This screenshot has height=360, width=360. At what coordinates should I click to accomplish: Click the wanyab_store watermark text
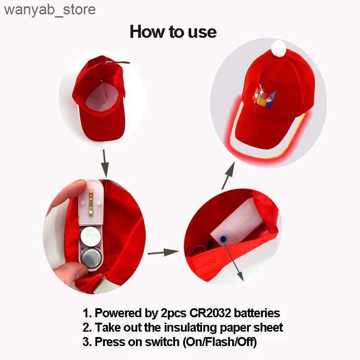tap(50, 10)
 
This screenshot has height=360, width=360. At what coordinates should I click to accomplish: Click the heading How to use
tap(173, 31)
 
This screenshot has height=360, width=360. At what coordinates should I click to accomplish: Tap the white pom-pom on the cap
tap(279, 48)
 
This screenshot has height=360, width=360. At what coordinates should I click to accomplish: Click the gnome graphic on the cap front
tap(265, 96)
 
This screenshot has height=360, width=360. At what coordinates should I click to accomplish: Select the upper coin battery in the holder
tap(90, 236)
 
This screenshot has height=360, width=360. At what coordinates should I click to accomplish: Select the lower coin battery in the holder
tap(91, 259)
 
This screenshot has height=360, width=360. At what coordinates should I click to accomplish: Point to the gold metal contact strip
tap(91, 203)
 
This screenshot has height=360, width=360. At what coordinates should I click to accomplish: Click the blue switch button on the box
tap(223, 239)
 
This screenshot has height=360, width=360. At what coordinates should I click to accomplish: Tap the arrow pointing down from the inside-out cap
tap(105, 163)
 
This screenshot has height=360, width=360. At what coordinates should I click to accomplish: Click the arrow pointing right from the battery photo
tap(163, 252)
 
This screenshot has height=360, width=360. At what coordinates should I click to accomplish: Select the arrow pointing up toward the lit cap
tap(228, 175)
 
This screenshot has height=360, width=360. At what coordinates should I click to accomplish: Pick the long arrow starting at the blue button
tap(234, 260)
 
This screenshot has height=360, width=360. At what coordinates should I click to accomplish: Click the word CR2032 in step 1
tap(210, 313)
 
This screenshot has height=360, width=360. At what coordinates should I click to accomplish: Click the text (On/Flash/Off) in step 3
tap(220, 342)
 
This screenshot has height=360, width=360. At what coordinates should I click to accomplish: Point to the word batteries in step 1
tap(257, 313)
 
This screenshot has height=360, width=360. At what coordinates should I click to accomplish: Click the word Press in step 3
tap(110, 342)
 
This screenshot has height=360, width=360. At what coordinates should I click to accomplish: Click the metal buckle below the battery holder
tap(104, 285)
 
